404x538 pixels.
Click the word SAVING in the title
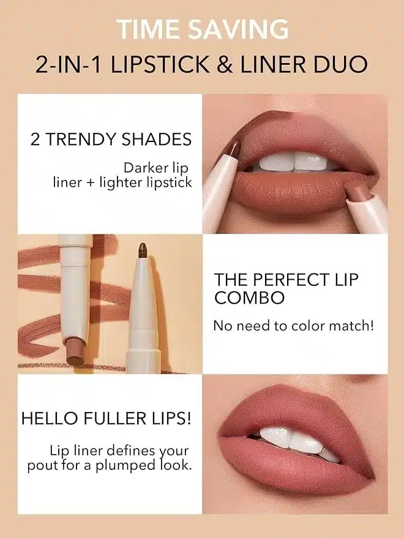click(x=238, y=29)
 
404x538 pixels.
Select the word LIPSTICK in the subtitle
click(x=160, y=64)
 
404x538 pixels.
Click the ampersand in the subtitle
click(x=225, y=64)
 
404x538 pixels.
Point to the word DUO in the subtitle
click(x=340, y=64)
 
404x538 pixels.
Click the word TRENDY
click(x=81, y=140)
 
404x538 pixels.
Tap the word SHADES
click(x=157, y=140)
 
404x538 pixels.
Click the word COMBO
click(x=250, y=297)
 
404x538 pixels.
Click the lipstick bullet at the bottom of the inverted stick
click(x=74, y=352)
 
